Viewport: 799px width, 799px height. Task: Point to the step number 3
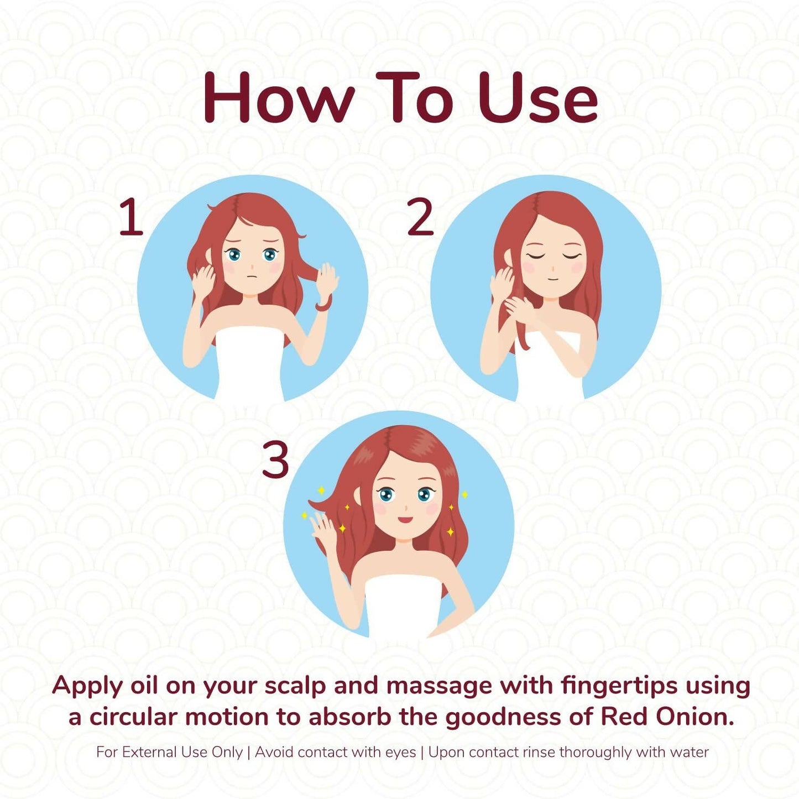[275, 459]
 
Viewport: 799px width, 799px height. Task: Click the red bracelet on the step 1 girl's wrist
[324, 304]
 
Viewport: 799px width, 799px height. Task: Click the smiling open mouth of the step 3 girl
[406, 519]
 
